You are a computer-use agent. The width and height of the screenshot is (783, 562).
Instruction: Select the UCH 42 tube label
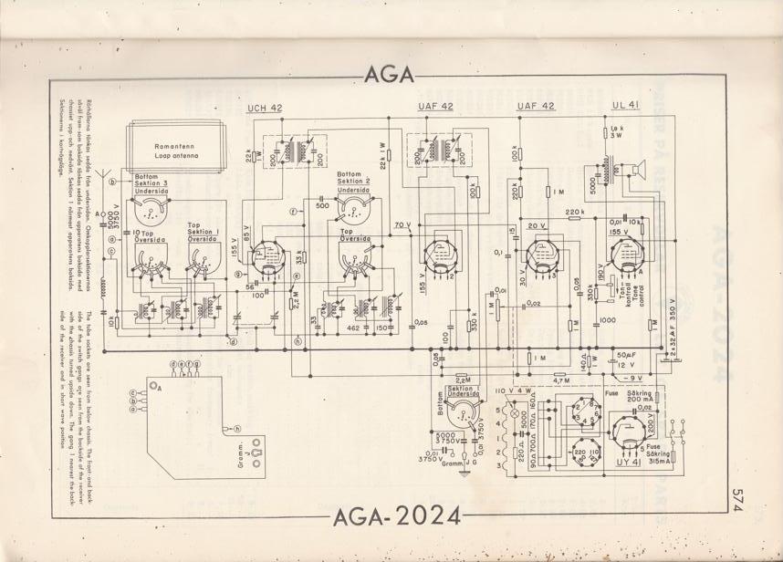click(265, 108)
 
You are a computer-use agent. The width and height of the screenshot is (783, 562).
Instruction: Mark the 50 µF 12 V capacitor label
click(626, 359)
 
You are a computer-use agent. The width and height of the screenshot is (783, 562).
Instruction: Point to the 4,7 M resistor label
click(561, 380)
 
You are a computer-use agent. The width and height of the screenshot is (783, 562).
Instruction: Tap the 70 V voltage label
click(402, 224)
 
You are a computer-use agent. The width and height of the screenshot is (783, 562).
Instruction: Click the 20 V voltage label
click(536, 225)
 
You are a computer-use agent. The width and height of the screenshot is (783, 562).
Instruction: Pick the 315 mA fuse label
click(645, 459)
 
